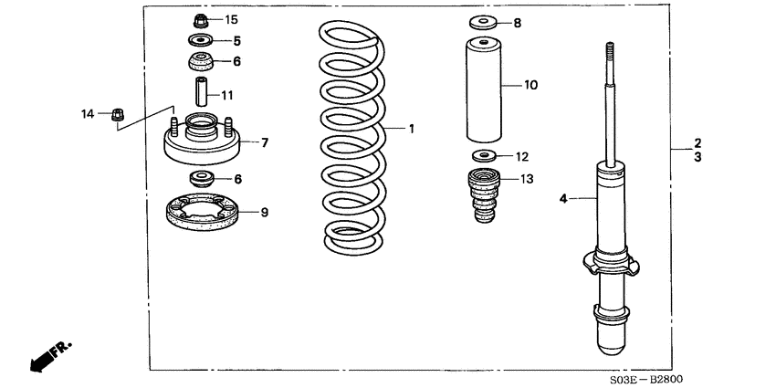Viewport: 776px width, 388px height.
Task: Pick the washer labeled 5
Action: click(x=199, y=41)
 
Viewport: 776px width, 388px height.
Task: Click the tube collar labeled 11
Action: click(x=200, y=92)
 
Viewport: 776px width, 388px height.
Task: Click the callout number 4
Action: click(x=562, y=197)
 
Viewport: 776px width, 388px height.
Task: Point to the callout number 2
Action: click(x=697, y=143)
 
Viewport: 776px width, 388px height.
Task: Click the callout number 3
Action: click(x=697, y=157)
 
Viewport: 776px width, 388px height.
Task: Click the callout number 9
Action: click(x=264, y=213)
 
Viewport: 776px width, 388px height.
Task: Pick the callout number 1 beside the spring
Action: click(x=411, y=129)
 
